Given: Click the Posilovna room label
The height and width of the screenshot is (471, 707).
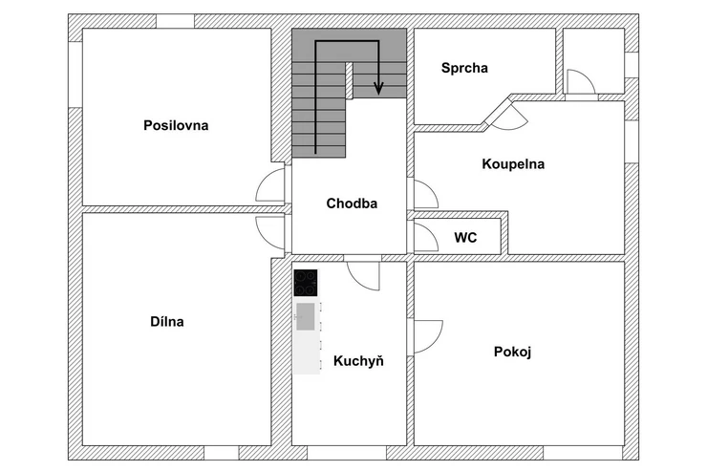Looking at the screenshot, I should [176, 125].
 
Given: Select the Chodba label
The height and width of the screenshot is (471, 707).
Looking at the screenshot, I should [352, 203].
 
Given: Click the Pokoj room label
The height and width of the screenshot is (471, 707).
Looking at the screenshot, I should [512, 352].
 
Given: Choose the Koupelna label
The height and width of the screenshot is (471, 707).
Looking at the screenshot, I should [512, 163].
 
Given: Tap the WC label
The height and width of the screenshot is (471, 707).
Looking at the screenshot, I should [465, 237].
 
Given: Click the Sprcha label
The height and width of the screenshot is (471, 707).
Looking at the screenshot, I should [464, 68].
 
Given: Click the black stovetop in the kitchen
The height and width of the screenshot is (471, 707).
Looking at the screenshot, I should [306, 283].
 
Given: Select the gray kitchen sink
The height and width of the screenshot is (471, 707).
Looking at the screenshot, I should [306, 316].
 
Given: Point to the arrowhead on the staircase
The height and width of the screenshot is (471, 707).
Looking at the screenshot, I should [378, 90].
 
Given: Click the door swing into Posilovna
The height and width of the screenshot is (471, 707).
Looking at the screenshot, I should [272, 185].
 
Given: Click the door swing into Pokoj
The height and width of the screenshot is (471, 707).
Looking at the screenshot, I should [425, 334].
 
